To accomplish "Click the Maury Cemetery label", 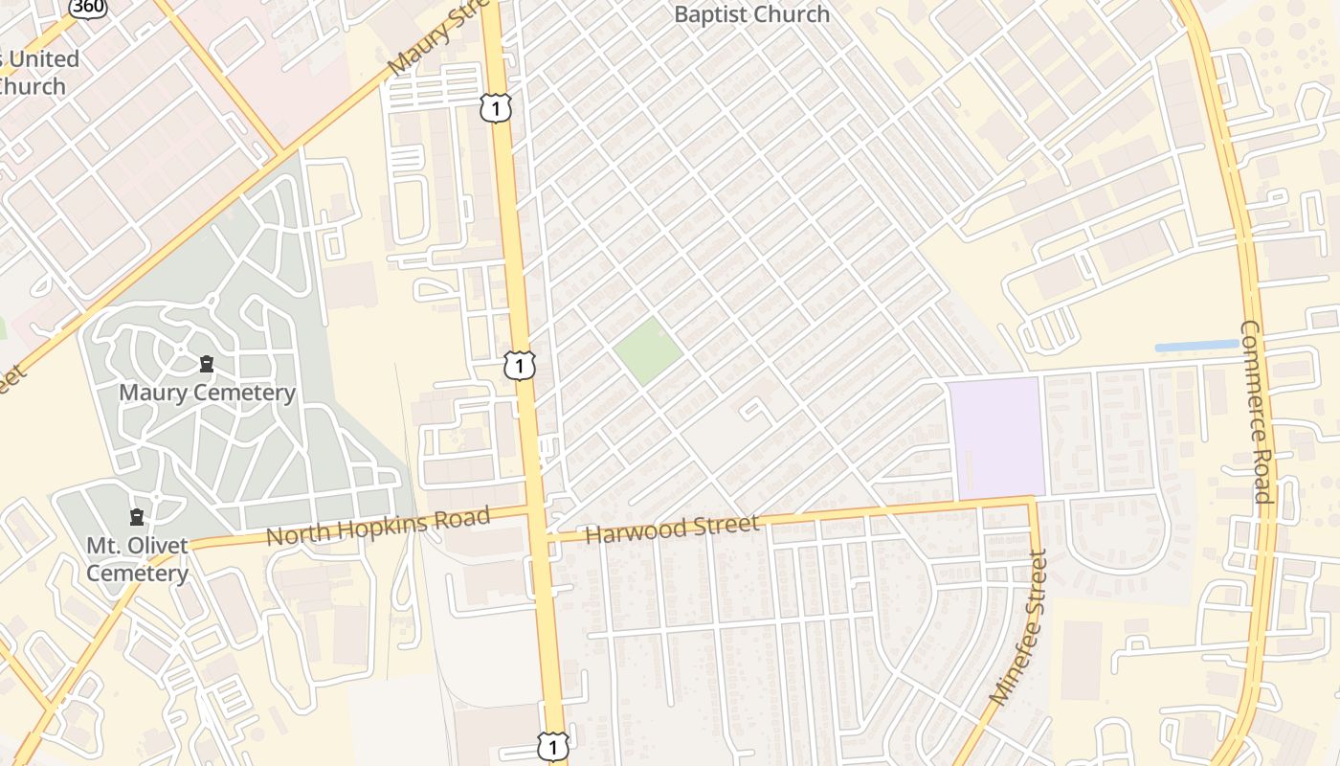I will point(207,393).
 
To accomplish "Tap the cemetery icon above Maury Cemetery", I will point(207,364).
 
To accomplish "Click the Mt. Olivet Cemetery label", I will point(137,559).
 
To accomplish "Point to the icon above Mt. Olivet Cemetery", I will point(137,517).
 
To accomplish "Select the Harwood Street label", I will point(672,528).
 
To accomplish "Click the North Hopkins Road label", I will point(378,527).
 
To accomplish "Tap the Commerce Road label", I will point(1255,412).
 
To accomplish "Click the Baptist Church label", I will point(751,14).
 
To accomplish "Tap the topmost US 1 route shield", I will point(496,107).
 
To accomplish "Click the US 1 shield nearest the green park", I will point(520,365).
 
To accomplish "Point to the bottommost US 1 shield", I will point(552,746).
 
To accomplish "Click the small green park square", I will point(648,350).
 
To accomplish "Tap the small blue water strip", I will point(1196,346).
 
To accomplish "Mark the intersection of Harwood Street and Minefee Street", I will point(1032,499).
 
